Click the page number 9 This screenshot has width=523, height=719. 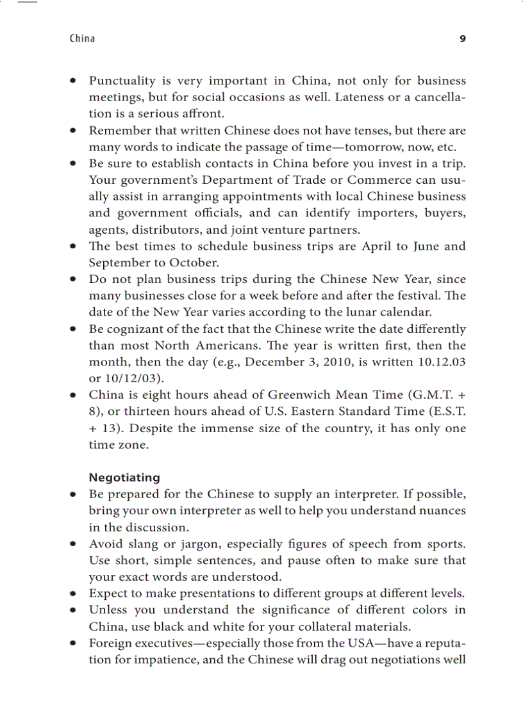463,38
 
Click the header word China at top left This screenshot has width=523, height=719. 82,38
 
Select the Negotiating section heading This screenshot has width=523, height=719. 124,478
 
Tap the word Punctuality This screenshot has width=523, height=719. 122,81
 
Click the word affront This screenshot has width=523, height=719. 203,114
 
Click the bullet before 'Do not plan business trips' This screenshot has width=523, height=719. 74,280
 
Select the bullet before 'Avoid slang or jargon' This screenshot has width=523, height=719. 74,545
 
